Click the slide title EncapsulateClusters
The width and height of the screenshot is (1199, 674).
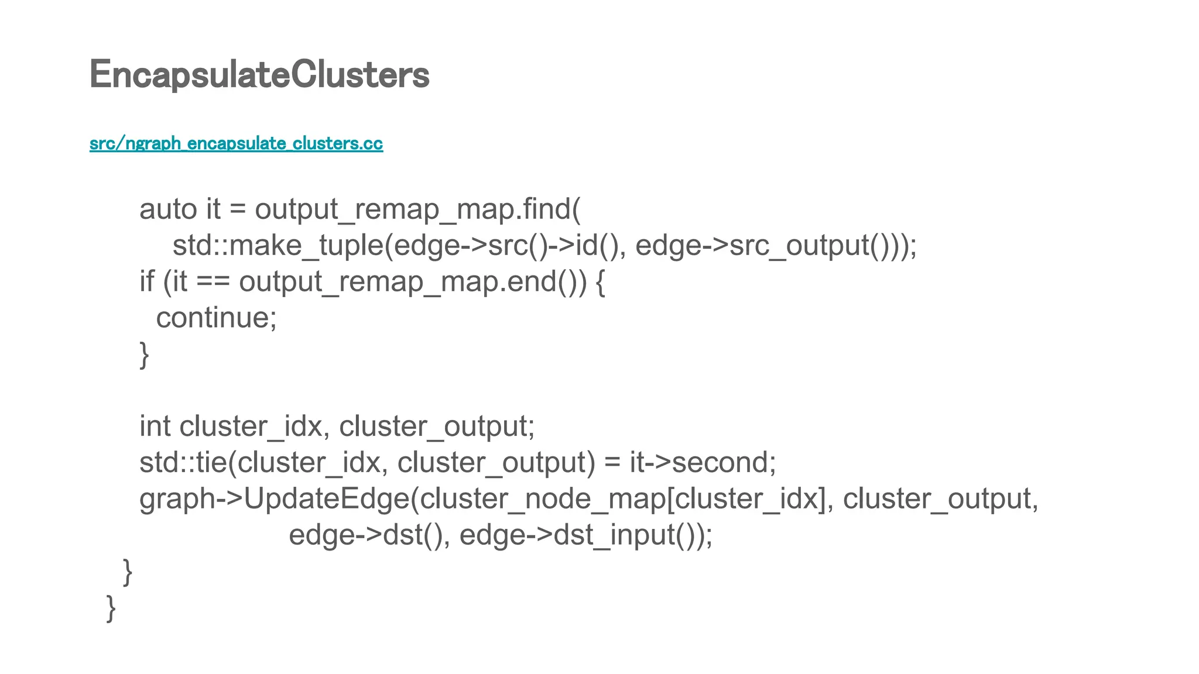259,75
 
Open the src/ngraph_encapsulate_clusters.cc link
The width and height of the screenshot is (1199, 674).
236,143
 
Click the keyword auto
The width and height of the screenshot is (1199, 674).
168,209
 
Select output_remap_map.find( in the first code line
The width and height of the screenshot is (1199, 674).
417,209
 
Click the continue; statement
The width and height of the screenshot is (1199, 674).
216,318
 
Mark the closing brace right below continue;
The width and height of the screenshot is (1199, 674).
144,355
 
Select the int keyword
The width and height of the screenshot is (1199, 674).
156,427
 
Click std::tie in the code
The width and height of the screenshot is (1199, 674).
182,463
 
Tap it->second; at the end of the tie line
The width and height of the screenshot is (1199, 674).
703,463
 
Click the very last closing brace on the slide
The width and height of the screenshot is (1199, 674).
111,608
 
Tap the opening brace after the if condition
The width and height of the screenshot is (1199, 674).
600,282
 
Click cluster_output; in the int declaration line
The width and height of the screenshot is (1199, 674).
437,427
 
